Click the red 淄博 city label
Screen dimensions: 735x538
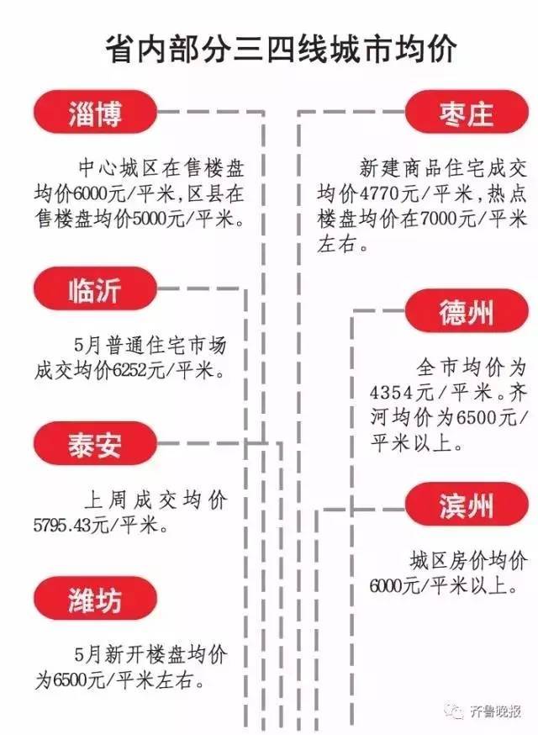94,113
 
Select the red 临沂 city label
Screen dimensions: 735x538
94,289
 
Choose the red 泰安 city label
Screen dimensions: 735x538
94,443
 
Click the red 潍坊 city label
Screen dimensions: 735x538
94,599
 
